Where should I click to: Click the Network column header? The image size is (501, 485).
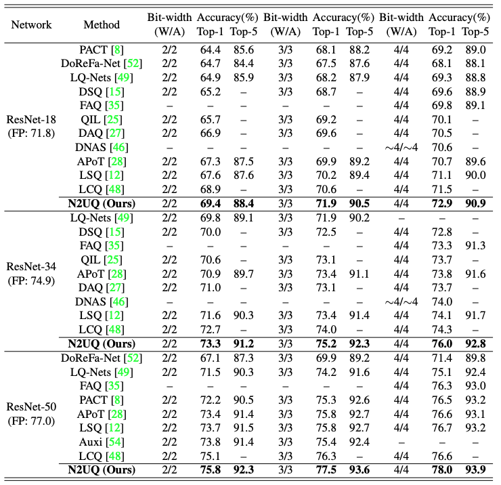31,24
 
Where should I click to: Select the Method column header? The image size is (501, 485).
102,24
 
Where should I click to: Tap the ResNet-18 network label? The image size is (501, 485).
31,120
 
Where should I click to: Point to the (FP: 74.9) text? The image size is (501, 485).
31,280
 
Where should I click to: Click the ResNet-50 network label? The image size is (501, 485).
31,406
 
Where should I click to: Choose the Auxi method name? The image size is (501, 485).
91,442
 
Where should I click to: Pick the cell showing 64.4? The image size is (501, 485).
211,50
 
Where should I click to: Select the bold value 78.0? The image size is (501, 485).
442,469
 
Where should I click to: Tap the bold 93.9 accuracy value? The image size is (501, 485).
475,469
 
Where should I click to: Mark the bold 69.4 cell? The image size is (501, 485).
211,203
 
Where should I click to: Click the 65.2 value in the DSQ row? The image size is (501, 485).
211,91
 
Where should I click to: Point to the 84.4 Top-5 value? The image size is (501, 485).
244,63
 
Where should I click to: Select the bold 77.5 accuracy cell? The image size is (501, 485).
326,469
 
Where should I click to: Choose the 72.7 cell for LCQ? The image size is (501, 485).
211,330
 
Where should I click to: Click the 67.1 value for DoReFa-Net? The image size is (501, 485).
211,358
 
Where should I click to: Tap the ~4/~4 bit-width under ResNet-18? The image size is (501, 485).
401,148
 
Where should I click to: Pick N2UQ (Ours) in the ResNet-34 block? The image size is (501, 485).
102,343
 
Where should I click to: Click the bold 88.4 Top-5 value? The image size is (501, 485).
244,203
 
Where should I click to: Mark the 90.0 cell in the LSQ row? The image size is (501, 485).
475,175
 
